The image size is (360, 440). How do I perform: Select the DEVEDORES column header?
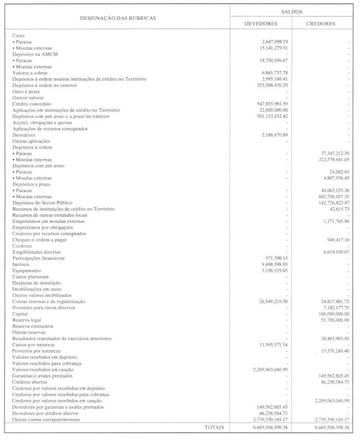coord(261,23)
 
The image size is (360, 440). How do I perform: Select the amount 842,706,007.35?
coord(331,197)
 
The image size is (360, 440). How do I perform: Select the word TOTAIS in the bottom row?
coord(214,427)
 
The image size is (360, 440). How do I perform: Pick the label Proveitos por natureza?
coord(36,351)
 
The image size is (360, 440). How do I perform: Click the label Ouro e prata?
coord(26,91)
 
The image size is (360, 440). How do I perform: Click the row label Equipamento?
coord(27,270)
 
